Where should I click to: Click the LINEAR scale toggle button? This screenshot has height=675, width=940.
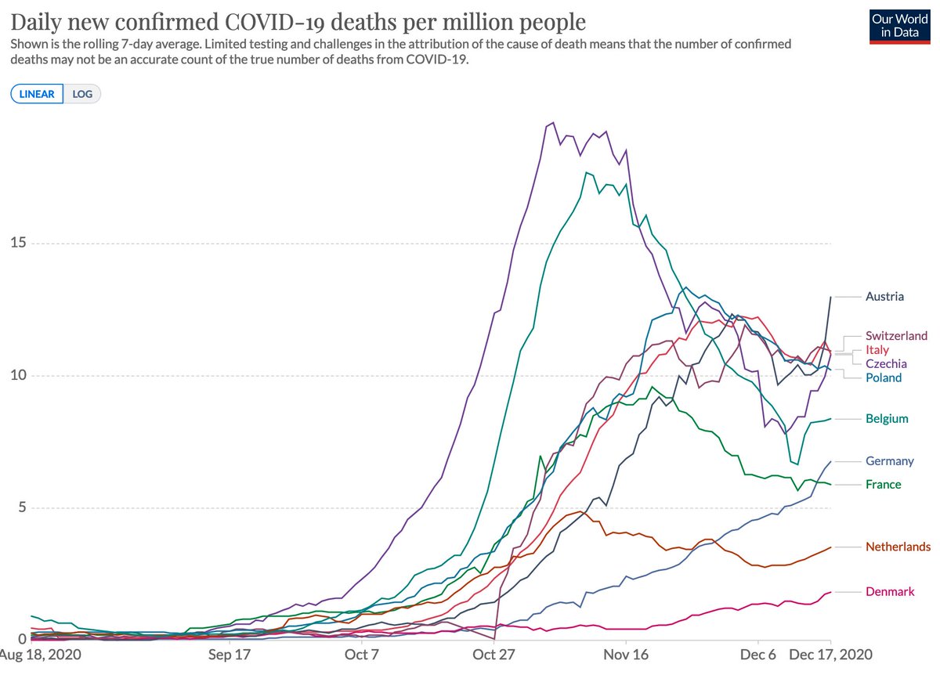[x=37, y=94]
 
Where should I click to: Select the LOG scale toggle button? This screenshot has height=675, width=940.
[x=82, y=94]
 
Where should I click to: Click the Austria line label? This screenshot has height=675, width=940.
[x=884, y=297]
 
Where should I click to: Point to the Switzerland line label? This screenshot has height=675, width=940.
[x=896, y=336]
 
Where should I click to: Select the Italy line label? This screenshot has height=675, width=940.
[x=877, y=350]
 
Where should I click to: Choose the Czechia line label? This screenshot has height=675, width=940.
[x=886, y=364]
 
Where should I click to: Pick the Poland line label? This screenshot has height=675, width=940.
[x=884, y=378]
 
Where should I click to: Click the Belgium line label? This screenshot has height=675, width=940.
[x=887, y=419]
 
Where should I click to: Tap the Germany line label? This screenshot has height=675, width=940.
[x=890, y=461]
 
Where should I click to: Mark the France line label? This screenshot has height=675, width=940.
[x=884, y=485]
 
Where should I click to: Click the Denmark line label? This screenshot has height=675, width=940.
[x=890, y=592]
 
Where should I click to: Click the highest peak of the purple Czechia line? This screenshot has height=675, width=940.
[x=554, y=123]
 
